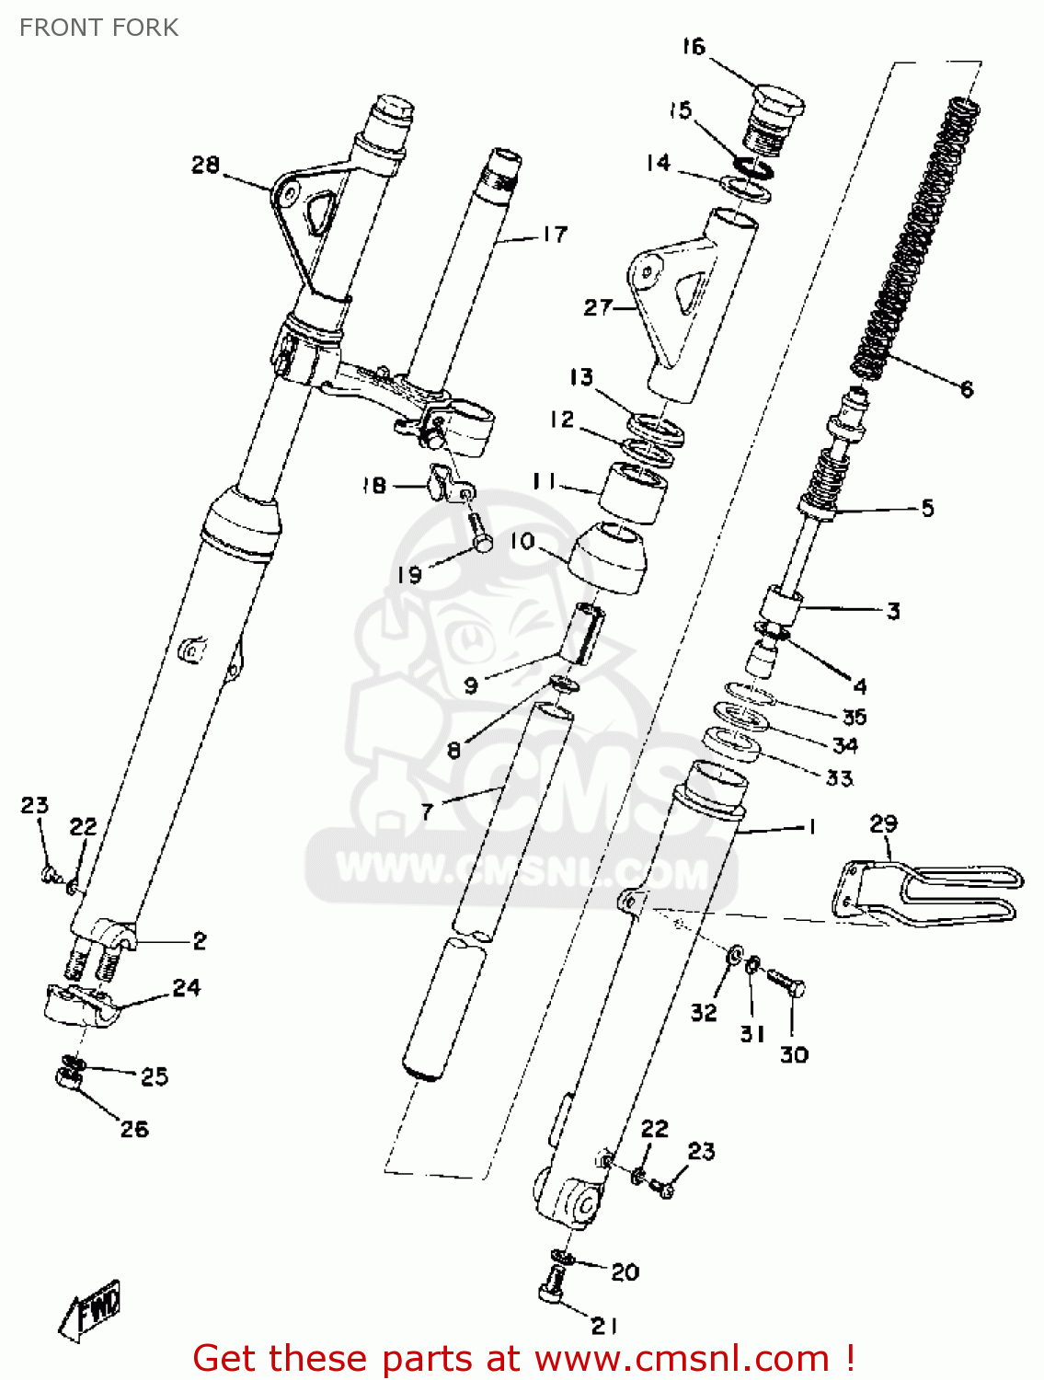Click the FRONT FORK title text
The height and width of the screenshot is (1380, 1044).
coord(98,28)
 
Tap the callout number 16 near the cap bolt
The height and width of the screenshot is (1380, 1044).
coord(693,46)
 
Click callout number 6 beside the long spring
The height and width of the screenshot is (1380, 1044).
coord(967,389)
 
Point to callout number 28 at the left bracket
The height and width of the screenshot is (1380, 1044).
coord(205,165)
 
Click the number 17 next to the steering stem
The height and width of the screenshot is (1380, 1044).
coord(555,235)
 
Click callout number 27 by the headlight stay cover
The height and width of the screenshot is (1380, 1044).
coord(597,306)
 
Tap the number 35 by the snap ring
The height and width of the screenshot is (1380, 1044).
coord(855,716)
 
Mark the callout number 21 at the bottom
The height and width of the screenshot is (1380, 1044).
coord(603,1325)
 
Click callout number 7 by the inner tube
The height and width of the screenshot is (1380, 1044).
coord(426,811)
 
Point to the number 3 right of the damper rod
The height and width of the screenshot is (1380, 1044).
coord(892,611)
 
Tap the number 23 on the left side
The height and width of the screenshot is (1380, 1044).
coord(34,805)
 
